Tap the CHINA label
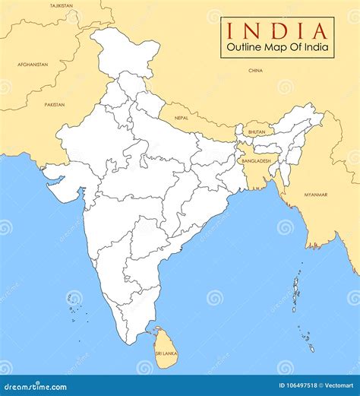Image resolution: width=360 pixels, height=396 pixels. pyautogui.click(x=256, y=70)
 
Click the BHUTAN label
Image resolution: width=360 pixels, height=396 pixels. pyautogui.click(x=257, y=132)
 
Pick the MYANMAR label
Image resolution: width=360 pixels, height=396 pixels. pyautogui.click(x=317, y=195)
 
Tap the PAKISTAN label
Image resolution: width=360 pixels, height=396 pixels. pyautogui.click(x=54, y=104)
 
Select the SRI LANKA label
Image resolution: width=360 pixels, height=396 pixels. pyautogui.click(x=166, y=353)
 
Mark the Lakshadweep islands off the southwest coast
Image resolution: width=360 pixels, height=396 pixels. pyautogui.click(x=74, y=304)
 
